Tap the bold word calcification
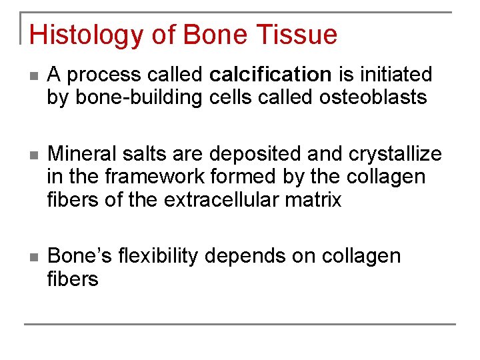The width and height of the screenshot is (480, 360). click(x=270, y=75)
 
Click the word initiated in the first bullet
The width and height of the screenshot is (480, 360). click(x=395, y=75)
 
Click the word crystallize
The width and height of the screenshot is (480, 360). click(x=395, y=154)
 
